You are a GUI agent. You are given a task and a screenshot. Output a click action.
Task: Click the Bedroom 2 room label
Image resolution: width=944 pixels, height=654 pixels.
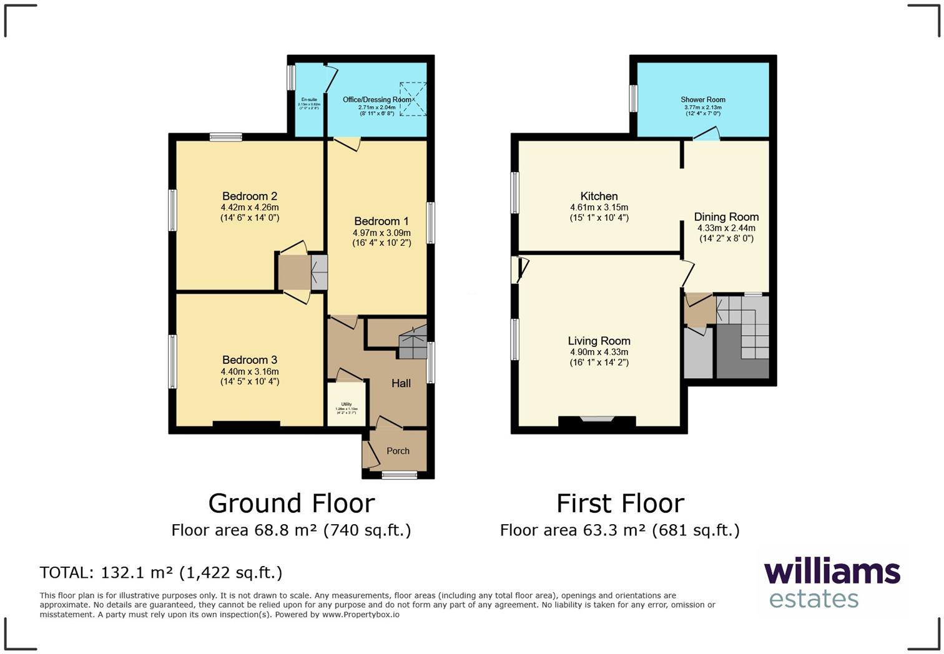pyautogui.click(x=250, y=196)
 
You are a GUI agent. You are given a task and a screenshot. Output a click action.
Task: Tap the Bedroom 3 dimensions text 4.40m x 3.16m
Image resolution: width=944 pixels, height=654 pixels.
pyautogui.click(x=250, y=371)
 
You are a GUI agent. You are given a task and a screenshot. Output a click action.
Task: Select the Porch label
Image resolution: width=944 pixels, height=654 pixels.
pyautogui.click(x=398, y=451)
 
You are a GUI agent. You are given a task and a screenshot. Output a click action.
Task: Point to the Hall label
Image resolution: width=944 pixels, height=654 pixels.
pyautogui.click(x=401, y=383)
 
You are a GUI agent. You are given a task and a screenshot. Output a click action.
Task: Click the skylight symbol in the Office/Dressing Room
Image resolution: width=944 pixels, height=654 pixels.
pyautogui.click(x=413, y=99)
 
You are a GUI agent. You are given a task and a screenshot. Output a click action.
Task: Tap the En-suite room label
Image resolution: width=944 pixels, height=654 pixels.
pyautogui.click(x=309, y=100)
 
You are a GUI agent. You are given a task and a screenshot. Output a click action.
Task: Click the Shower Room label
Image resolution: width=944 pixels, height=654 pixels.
pyautogui.click(x=702, y=100)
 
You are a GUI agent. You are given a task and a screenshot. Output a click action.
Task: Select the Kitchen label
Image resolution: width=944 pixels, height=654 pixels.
pyautogui.click(x=599, y=196)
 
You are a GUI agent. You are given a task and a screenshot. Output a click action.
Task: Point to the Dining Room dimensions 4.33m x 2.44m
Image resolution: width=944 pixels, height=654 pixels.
pyautogui.click(x=726, y=228)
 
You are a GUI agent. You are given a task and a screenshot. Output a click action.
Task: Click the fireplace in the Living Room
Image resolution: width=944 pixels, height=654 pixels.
pyautogui.click(x=597, y=421)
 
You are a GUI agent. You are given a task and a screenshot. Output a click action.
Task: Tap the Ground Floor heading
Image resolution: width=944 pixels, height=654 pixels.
pyautogui.click(x=291, y=503)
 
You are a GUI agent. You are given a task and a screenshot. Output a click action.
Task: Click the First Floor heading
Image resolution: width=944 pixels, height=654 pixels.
pyautogui.click(x=620, y=503)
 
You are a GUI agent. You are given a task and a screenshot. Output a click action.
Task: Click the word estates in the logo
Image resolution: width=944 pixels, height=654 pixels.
pyautogui.click(x=814, y=598)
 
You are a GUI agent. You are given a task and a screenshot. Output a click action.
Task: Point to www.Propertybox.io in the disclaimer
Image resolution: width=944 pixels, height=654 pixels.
pyautogui.click(x=360, y=615)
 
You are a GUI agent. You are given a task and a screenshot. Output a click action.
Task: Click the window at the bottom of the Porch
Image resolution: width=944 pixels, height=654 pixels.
pyautogui.click(x=400, y=476)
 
